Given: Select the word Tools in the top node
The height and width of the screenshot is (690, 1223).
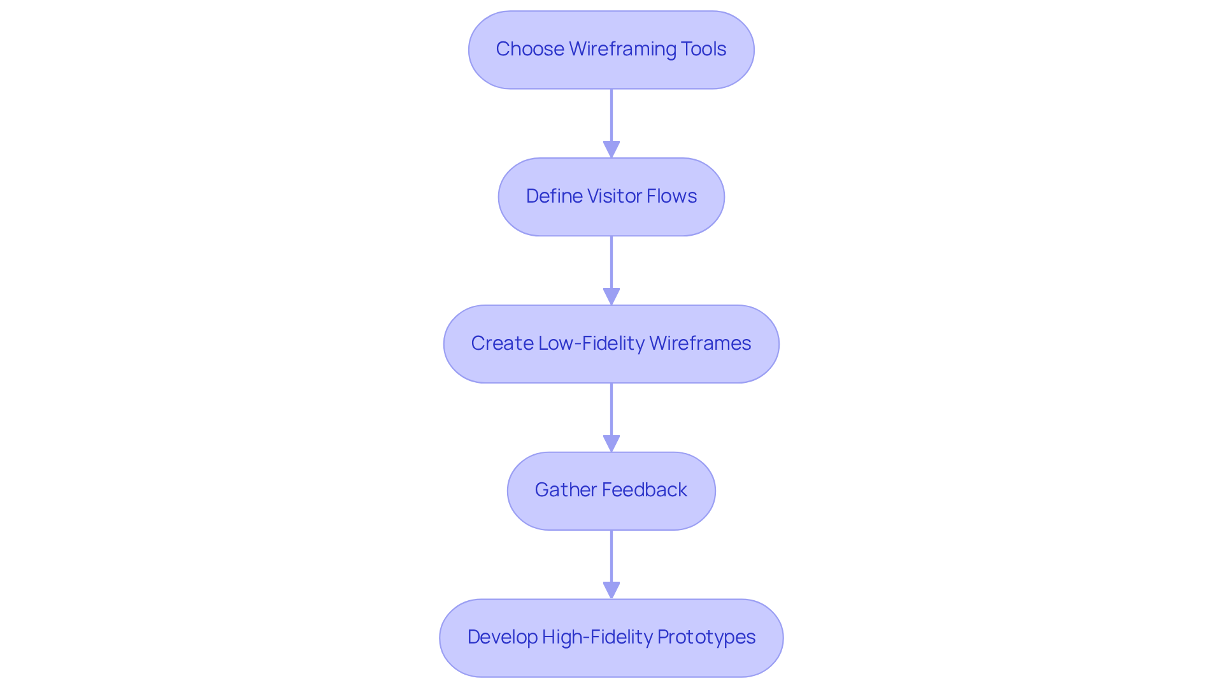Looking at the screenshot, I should [703, 49].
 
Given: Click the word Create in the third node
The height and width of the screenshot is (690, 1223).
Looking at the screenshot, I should [502, 343].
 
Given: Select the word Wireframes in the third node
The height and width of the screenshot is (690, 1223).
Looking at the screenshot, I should [700, 343].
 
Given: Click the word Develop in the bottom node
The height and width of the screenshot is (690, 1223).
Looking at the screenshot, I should [502, 637].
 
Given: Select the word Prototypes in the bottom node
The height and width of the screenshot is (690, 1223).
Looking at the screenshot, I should [706, 637].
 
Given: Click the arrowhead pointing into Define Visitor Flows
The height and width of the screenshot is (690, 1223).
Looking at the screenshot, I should [611, 150].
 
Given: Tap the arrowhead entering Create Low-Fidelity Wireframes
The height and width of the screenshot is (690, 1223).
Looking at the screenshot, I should [611, 297].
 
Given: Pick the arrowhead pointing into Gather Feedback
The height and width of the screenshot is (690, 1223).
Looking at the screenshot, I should [611, 444].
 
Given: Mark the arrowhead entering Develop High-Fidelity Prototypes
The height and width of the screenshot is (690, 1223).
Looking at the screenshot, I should [611, 591].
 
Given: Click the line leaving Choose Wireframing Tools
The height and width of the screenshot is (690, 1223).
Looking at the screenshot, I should [611, 115].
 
